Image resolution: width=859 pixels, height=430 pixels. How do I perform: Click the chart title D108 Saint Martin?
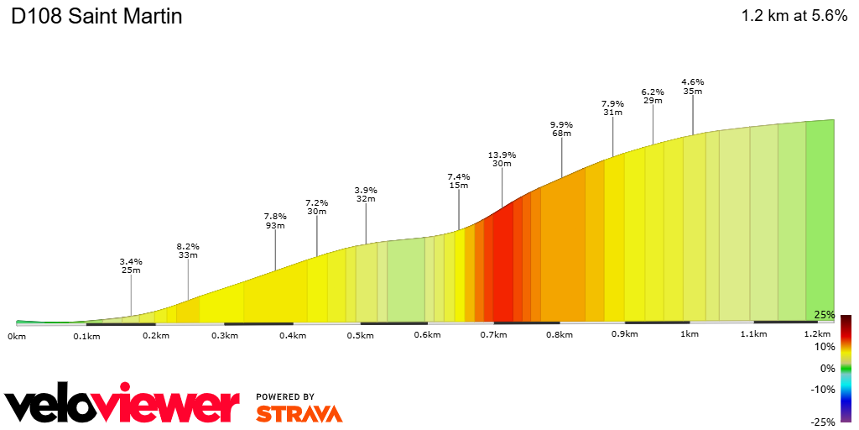[96, 17]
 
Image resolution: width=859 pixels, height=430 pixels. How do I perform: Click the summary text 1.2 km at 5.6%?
[794, 16]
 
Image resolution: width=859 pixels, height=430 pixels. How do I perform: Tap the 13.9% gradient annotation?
[502, 160]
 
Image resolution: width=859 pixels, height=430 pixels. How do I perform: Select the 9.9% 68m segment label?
[561, 128]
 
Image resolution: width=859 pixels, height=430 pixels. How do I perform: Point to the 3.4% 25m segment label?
[131, 265]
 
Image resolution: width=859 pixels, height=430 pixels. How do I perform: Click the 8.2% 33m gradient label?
[188, 250]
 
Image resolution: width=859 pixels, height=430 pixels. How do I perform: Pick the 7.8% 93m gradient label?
[275, 221]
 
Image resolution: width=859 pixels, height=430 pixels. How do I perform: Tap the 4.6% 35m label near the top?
[692, 86]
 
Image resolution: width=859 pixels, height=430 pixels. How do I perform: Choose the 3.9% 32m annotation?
[366, 194]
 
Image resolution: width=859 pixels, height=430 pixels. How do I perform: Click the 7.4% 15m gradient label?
[459, 181]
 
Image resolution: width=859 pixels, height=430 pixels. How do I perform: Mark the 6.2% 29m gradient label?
[653, 96]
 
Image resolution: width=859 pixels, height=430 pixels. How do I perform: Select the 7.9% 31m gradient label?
[612, 107]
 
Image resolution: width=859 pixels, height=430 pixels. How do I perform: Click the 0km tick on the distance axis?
[17, 335]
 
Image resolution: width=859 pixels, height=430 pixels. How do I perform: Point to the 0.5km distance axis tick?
[360, 335]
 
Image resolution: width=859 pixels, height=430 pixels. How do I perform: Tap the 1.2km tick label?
[817, 334]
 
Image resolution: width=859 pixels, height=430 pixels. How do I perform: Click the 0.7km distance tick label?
[493, 335]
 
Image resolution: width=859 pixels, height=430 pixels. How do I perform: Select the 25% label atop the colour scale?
[825, 315]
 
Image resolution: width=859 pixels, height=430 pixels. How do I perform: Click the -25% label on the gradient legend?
[823, 422]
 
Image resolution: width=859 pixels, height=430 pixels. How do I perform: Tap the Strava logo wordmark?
[299, 413]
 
